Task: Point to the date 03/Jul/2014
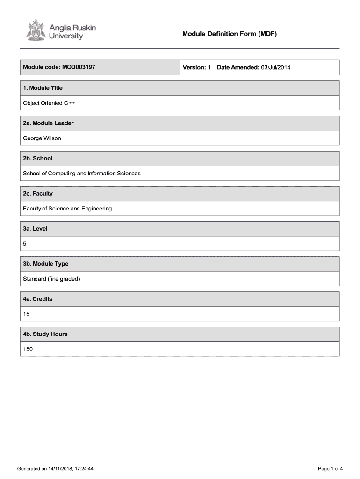tap(276, 68)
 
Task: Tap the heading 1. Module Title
tap(43, 88)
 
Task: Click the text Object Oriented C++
tap(49, 103)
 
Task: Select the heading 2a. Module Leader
tap(48, 123)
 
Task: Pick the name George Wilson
tap(42, 138)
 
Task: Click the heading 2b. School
tap(38, 158)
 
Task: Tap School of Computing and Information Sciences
tap(82, 174)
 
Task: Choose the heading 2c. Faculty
tap(38, 193)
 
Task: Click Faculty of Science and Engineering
tap(67, 209)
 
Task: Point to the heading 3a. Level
tap(35, 229)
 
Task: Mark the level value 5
tap(25, 244)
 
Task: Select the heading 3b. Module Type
tap(46, 264)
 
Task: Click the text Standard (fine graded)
tap(52, 279)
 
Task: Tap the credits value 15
tap(26, 314)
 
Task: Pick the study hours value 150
tap(28, 349)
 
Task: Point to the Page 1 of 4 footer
tap(331, 468)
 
